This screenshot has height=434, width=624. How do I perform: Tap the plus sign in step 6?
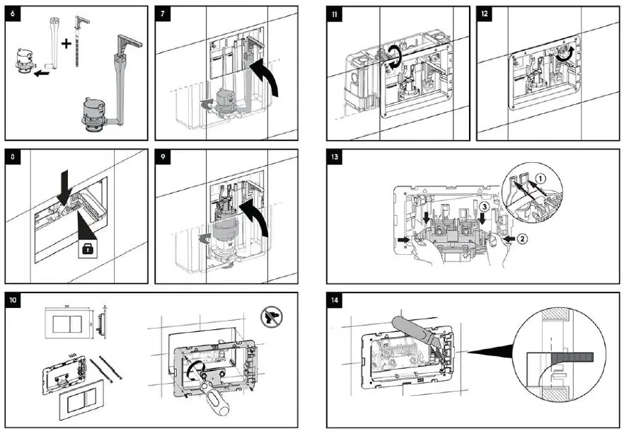click(67, 43)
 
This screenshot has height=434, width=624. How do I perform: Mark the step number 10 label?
click(13, 299)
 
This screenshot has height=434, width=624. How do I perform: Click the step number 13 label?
click(335, 156)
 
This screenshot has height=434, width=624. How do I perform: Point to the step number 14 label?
click(335, 299)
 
